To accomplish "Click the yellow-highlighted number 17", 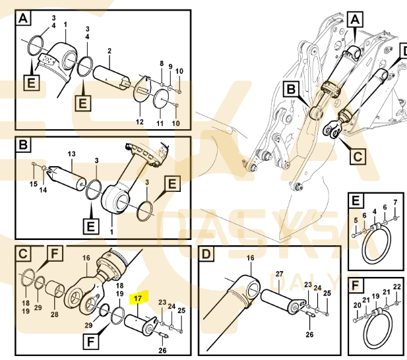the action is point(137,298).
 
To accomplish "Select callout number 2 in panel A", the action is point(110,51).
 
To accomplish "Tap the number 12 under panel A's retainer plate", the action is point(140,121).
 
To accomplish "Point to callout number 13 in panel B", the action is point(71,154).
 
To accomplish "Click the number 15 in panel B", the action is point(34,184).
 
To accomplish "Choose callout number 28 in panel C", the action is point(55,315).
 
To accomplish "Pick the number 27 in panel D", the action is point(279,274).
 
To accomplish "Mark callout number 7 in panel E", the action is point(395,202).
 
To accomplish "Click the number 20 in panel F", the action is point(357,305).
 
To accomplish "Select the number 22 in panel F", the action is point(397,287).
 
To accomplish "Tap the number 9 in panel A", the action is point(170,67).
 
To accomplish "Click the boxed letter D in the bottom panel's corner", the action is point(206,254).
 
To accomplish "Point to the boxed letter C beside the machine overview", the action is point(358,156).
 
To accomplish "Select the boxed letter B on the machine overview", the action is point(292,89).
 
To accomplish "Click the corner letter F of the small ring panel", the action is point(355,285).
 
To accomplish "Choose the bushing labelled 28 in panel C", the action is point(55,289).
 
